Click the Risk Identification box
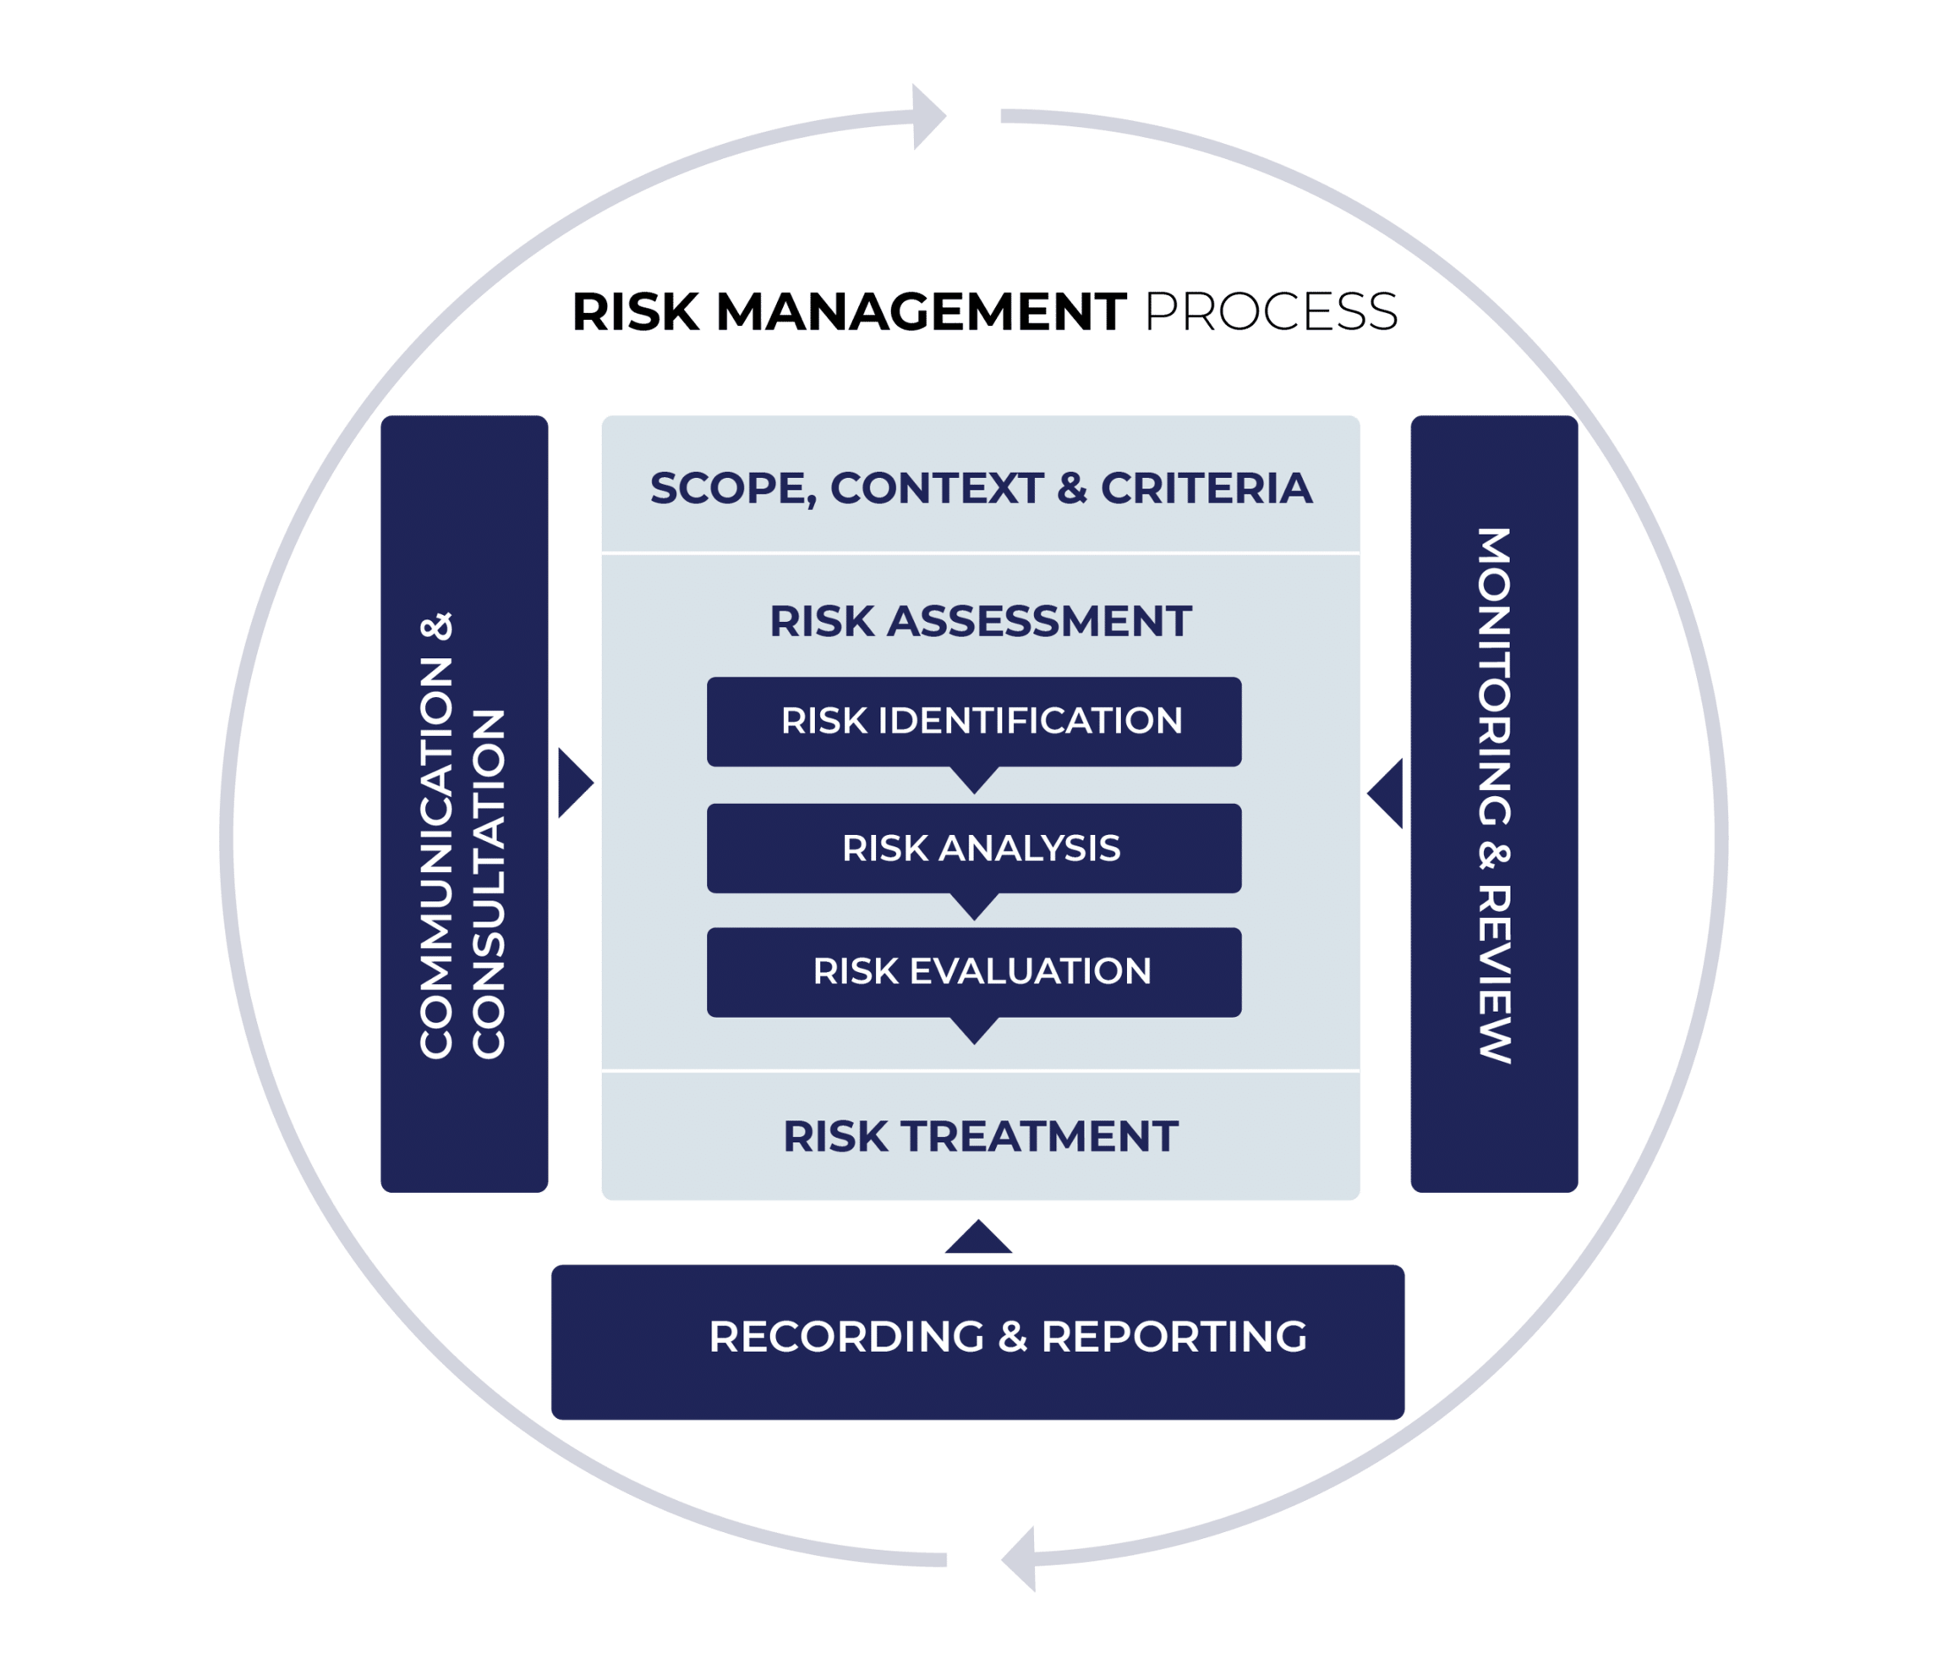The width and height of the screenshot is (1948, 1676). click(974, 722)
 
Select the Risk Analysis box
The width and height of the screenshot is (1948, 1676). click(974, 849)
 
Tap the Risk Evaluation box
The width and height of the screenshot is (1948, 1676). click(974, 971)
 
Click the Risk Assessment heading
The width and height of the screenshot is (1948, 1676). click(980, 622)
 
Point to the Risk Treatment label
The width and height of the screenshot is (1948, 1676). click(980, 1136)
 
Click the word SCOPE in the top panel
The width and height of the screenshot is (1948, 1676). click(725, 489)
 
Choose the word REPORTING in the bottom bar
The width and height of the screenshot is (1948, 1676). click(1174, 1337)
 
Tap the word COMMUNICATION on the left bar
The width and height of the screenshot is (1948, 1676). click(436, 858)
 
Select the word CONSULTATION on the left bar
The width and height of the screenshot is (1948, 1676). click(489, 883)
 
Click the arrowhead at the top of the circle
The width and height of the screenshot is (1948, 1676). click(929, 117)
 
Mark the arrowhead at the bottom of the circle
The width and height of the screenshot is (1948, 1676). click(1019, 1558)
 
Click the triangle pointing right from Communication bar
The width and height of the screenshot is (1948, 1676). click(574, 783)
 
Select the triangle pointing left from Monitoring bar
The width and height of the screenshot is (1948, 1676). click(1386, 794)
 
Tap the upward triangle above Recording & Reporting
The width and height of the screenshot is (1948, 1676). click(977, 1239)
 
